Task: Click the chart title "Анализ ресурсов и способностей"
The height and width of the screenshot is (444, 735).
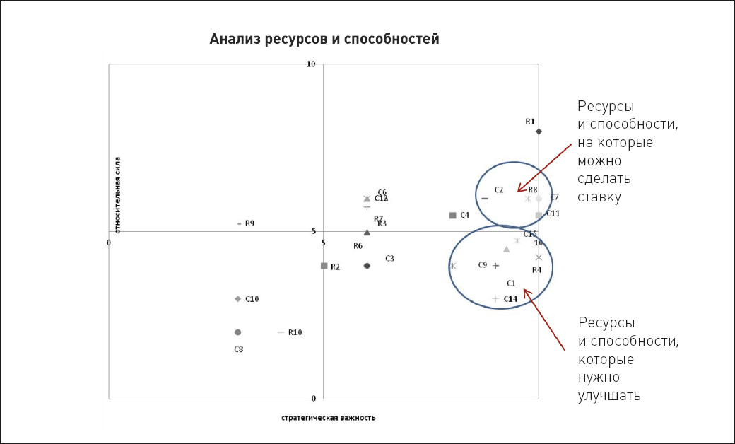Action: (324, 39)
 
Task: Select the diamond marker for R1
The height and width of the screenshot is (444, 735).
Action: (539, 132)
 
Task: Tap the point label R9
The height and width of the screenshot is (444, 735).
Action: (249, 223)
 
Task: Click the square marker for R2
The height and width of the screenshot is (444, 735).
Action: (324, 266)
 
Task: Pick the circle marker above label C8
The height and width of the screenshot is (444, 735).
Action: (237, 332)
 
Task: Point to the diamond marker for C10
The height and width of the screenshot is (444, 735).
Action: (238, 298)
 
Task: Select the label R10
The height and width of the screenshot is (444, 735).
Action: (295, 332)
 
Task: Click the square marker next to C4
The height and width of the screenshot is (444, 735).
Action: (452, 215)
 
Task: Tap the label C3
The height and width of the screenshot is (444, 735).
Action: (389, 259)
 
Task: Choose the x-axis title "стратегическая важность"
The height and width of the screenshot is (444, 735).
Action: (328, 418)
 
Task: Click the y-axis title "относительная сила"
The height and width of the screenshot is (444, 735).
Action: (117, 194)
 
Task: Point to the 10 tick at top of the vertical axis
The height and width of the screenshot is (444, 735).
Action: (310, 64)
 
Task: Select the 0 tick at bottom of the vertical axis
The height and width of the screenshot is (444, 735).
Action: (313, 398)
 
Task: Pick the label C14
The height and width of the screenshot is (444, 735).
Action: (511, 299)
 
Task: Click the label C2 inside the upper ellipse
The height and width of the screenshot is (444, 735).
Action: (498, 189)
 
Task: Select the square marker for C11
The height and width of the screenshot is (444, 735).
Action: (539, 216)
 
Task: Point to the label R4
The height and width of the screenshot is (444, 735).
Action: (536, 270)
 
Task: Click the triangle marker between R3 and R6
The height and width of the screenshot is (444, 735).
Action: (367, 233)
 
